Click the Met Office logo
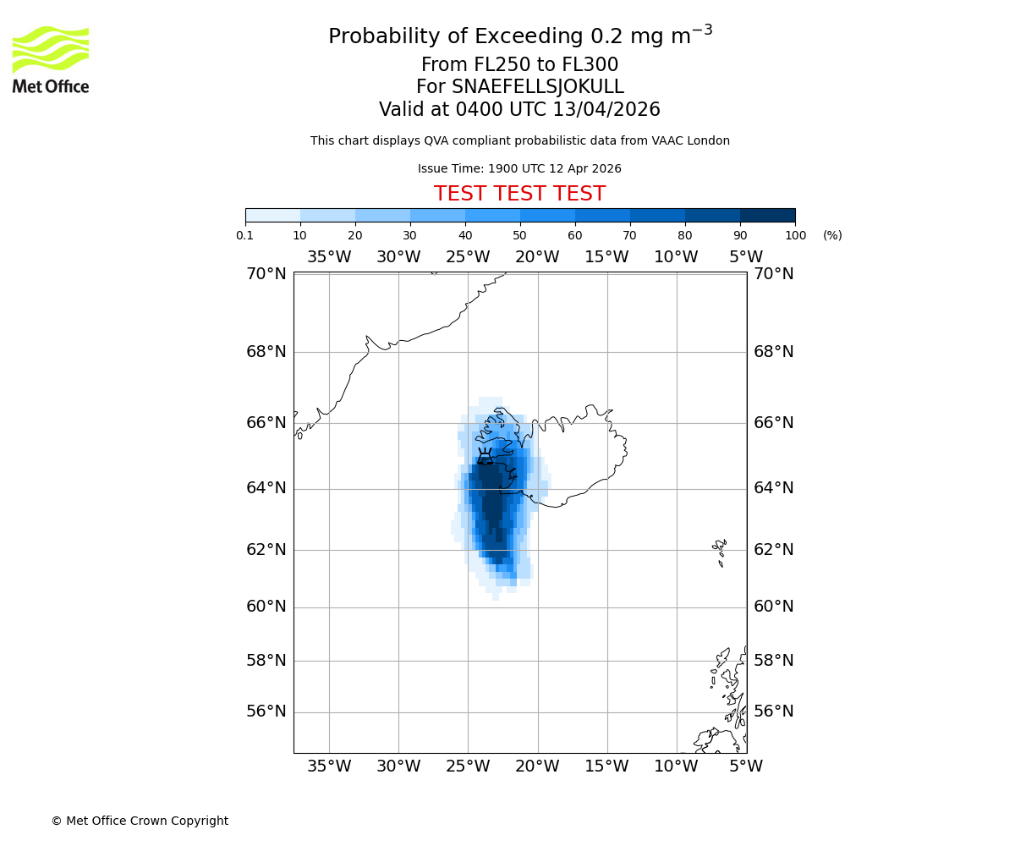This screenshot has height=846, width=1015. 51,59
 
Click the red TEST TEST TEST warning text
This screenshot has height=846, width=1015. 519,194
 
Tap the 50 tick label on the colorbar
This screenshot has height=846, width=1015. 520,235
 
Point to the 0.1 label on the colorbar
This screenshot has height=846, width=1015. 245,235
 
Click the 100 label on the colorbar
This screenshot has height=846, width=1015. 795,235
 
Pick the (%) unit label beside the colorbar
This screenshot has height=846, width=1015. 832,235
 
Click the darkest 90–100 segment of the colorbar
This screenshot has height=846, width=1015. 767,215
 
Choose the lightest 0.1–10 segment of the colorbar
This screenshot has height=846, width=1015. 272,215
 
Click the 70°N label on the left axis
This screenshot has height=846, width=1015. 266,273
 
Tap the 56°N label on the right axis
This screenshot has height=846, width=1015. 774,711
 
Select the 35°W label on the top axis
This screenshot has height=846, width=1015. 329,257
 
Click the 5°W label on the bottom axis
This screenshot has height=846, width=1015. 746,766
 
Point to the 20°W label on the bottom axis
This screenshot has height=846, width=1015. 537,766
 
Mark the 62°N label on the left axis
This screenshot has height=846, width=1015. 266,550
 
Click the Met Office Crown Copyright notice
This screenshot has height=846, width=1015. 140,821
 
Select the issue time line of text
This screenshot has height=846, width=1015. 519,168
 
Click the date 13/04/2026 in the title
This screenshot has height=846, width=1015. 606,110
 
